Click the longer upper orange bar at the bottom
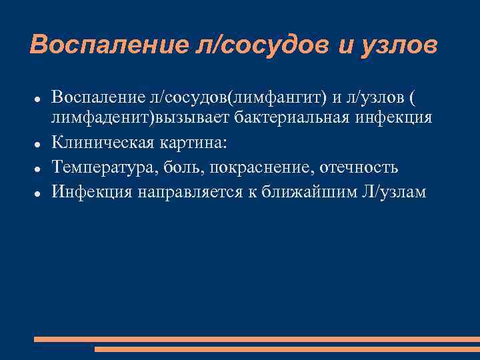257,339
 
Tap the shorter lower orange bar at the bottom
287,349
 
